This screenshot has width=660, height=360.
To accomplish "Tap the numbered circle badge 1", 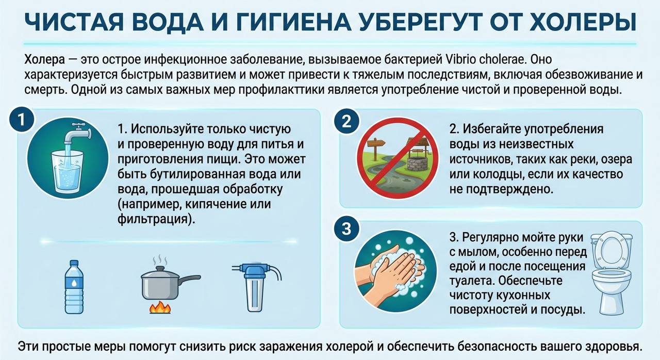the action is [x=21, y=121].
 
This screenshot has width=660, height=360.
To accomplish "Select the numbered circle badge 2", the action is [x=346, y=121].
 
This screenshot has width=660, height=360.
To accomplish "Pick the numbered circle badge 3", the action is [x=346, y=228].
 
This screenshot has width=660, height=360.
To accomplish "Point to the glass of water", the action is [x=68, y=172].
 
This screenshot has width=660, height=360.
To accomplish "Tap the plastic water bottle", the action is [x=74, y=287].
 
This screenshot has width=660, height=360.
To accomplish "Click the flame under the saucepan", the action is [x=160, y=307].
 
